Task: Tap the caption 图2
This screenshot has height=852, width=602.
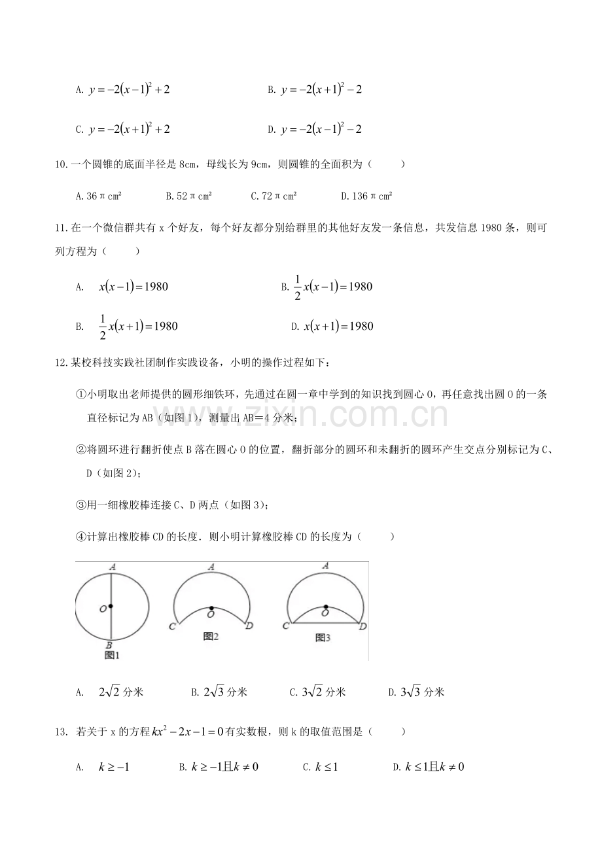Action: pos(210,635)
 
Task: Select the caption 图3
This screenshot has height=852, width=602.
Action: pos(322,637)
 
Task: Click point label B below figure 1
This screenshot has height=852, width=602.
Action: pos(112,644)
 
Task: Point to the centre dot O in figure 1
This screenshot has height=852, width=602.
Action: pos(111,606)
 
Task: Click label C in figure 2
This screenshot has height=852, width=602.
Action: pos(171,627)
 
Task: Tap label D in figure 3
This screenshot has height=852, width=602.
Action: pos(363,627)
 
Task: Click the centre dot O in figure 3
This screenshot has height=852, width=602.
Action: pos(325,606)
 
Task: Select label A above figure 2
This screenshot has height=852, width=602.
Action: pos(211,567)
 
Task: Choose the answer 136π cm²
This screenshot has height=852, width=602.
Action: pos(366,196)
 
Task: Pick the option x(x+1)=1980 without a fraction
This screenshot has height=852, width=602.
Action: pos(338,326)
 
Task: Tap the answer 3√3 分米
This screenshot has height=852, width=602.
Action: pos(422,692)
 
